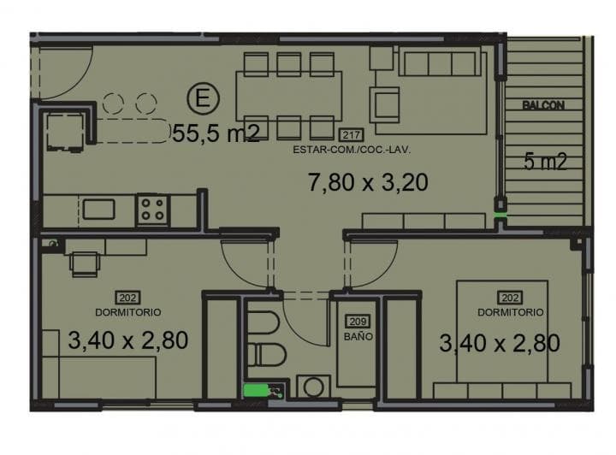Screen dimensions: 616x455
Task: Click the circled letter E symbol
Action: pos(203,98)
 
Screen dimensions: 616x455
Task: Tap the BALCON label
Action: pos(543,105)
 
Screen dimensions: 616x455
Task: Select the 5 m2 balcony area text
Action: pos(545,162)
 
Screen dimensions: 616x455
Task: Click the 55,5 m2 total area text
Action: pos(216,133)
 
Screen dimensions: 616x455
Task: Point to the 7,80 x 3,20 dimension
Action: pos(368,182)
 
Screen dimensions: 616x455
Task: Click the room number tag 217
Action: pos(352,135)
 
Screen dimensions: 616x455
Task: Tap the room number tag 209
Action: pos(358,322)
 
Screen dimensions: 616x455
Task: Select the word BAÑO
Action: pos(358,337)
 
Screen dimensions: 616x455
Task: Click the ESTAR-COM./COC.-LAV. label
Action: pos(352,150)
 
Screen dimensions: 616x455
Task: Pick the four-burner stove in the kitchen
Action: pos(153,210)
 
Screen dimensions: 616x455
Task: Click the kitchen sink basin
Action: pos(98,210)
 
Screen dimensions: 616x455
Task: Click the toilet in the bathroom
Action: pos(266,354)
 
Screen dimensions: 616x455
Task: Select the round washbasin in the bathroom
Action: pos(313,387)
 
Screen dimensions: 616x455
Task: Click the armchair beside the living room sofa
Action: pos(384,105)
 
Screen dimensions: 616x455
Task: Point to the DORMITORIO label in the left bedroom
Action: pos(128,312)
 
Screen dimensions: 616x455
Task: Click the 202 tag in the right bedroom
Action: pos(510,298)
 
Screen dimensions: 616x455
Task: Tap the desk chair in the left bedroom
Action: pos(84,263)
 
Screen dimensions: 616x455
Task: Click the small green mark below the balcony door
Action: pos(500,216)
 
